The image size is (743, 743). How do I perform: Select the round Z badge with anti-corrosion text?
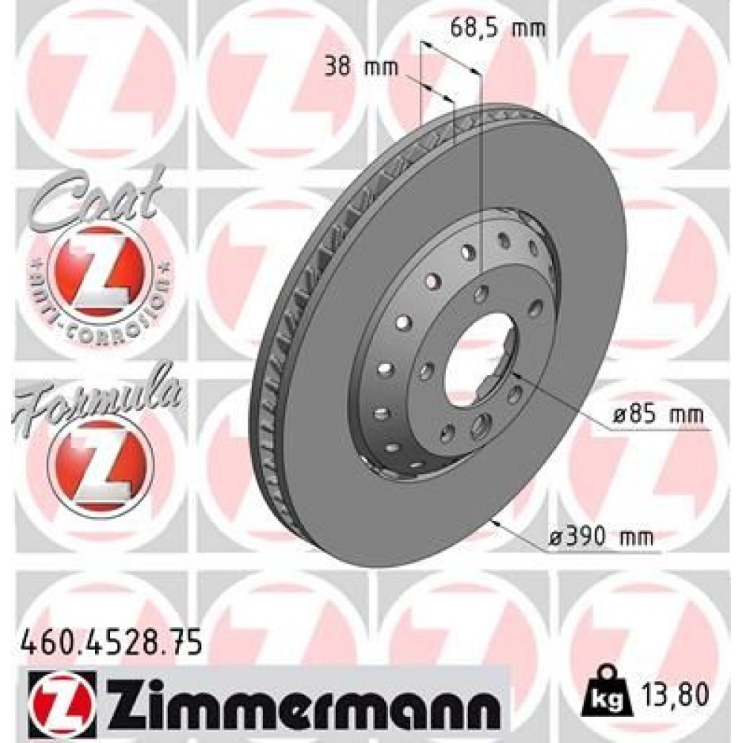[x=100, y=275]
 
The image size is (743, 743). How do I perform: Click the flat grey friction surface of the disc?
[x=594, y=297]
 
